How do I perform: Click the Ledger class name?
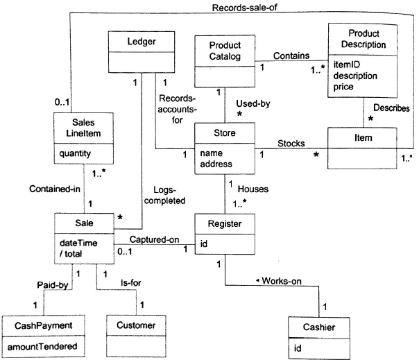142,42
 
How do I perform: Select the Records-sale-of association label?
244,8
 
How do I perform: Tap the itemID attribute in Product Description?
347,65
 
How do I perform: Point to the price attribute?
343,87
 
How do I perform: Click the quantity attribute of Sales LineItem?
75,154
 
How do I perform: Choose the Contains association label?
291,56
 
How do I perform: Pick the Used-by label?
253,103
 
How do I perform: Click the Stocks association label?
291,144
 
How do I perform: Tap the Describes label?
391,108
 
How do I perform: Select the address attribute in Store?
216,164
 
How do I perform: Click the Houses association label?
253,189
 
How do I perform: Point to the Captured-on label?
155,239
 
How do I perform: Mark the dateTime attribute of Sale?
78,243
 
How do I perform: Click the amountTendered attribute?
42,347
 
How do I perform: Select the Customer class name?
136,325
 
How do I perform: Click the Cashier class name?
319,327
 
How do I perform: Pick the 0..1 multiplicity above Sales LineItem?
62,102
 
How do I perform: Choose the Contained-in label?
55,189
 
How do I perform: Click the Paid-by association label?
53,285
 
